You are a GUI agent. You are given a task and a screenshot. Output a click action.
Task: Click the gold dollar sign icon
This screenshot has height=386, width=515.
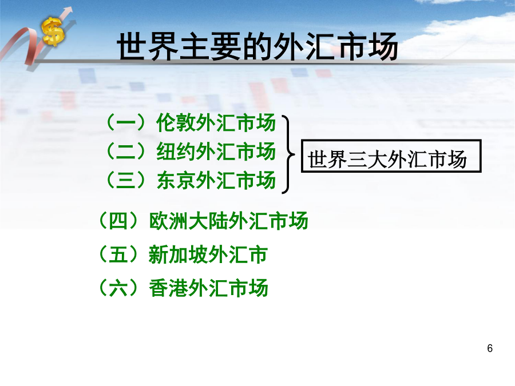(53, 31)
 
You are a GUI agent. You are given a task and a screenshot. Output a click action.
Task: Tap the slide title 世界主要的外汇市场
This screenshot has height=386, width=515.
(257, 46)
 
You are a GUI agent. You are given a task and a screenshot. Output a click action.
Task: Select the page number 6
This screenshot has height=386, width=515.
(490, 348)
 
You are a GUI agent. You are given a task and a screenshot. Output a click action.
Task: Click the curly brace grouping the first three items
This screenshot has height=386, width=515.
(288, 154)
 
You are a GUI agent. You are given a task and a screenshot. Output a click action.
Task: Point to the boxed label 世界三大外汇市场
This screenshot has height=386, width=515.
(391, 156)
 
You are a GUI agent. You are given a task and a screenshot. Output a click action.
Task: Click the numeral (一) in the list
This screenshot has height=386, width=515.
(126, 123)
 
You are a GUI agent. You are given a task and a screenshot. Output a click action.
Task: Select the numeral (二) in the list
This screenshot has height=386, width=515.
(126, 152)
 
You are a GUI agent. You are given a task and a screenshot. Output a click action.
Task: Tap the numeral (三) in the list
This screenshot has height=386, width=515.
(126, 180)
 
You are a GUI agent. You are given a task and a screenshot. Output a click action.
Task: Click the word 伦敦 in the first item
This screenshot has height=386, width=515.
(176, 123)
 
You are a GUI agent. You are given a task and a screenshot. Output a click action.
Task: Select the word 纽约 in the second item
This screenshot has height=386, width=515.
(176, 152)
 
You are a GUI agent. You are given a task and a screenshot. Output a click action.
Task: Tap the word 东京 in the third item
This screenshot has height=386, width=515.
(176, 180)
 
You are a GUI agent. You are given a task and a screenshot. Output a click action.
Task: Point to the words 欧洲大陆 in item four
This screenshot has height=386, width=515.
(188, 220)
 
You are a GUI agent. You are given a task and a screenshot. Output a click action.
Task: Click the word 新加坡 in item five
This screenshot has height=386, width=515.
(179, 254)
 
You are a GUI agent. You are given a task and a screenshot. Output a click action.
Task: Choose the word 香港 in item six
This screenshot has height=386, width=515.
(168, 288)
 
